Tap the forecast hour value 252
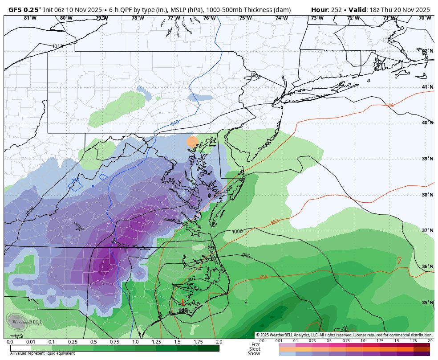tap(336, 9)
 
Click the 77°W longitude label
tap(174, 18)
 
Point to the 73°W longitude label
tap(317, 18)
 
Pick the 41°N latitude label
tap(427, 87)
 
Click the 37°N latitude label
tap(427, 230)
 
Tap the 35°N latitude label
tap(427, 303)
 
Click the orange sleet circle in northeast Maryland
tap(192, 142)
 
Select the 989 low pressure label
tap(183, 310)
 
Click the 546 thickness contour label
tap(389, 105)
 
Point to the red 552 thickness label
tap(275, 222)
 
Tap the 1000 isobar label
tap(237, 232)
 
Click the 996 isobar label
tap(246, 255)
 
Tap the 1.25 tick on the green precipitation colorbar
tap(156, 342)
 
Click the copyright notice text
tap(344, 335)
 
